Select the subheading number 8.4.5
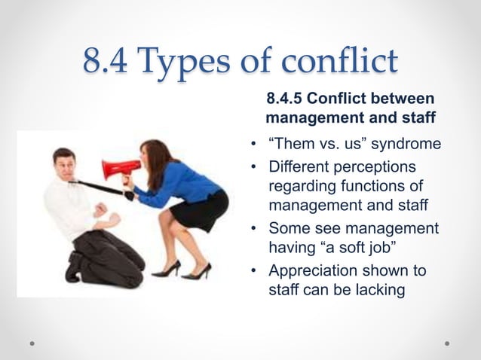(287, 100)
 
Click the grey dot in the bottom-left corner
(34, 343)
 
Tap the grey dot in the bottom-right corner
(447, 343)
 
